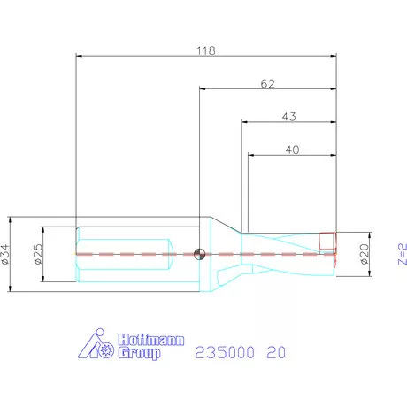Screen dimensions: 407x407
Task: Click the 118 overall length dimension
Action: click(x=205, y=51)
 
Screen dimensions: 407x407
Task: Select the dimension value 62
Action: click(x=268, y=84)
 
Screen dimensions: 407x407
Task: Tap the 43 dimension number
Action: click(x=288, y=117)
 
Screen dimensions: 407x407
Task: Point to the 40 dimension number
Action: click(x=291, y=150)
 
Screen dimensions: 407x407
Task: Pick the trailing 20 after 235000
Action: click(x=276, y=352)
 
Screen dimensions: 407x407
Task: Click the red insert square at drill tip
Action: click(x=327, y=241)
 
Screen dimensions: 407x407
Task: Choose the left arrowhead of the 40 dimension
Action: click(x=250, y=155)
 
